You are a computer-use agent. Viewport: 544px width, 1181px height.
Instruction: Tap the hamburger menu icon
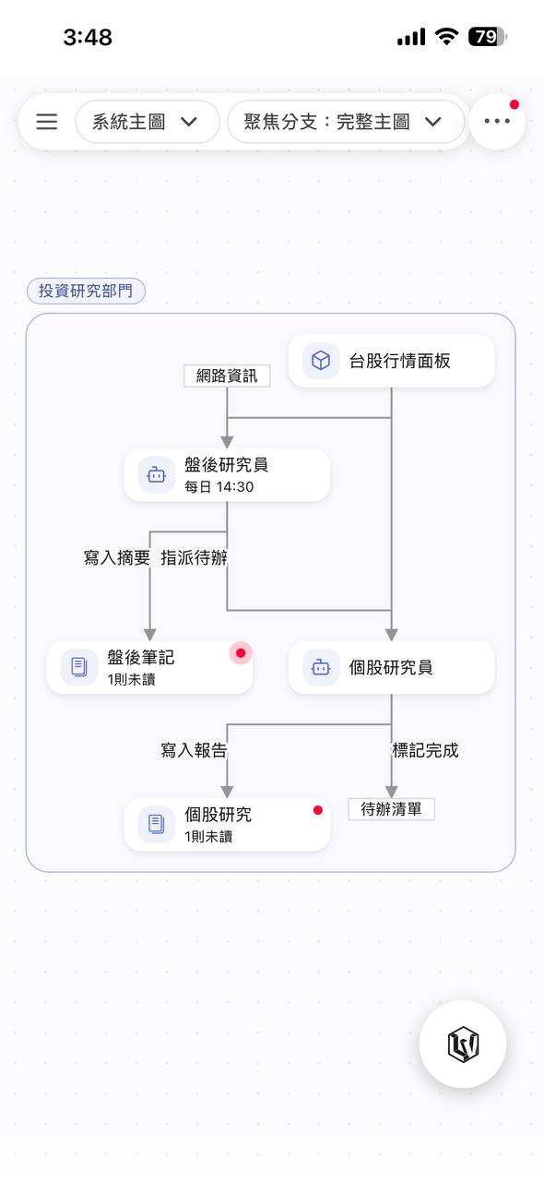(46, 122)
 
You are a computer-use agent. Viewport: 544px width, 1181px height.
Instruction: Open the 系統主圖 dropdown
(148, 122)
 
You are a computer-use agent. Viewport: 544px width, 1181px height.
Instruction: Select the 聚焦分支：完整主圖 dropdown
(346, 122)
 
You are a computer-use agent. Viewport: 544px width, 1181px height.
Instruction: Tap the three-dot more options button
(497, 121)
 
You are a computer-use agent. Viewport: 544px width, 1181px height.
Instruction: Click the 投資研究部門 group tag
(86, 291)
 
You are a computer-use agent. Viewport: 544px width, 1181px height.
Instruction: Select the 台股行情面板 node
(391, 361)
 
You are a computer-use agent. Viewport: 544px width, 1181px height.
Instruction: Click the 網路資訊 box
(227, 376)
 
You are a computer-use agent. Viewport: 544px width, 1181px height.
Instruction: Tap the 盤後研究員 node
(227, 475)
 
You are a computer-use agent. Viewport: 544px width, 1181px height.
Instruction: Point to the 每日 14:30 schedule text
(219, 486)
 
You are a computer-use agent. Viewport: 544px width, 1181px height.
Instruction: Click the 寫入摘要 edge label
(116, 557)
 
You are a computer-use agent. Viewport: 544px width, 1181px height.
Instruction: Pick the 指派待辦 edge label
(194, 557)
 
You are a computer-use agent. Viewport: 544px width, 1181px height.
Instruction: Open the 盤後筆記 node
(149, 667)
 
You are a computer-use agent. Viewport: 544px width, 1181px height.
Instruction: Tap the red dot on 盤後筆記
(241, 653)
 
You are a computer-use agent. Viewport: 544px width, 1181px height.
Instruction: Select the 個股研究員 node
(391, 667)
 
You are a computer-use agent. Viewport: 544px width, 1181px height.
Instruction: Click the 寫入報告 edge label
(194, 750)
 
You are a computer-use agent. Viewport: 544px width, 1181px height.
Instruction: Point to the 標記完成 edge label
(425, 750)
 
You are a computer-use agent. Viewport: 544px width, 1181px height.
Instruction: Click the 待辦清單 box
(391, 809)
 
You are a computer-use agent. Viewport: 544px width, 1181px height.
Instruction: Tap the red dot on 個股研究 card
(318, 810)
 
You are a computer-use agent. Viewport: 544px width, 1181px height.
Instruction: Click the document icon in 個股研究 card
(157, 824)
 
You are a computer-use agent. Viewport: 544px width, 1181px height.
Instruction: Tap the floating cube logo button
(463, 1044)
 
